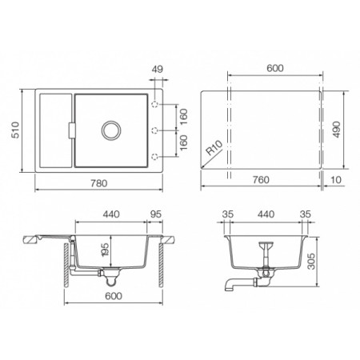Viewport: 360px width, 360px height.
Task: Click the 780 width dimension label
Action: [99, 183]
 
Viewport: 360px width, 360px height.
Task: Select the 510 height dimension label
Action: [15, 130]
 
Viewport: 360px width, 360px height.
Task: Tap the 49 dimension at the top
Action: [157, 70]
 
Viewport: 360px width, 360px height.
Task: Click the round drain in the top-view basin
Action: [111, 130]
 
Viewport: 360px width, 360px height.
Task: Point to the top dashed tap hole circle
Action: [155, 104]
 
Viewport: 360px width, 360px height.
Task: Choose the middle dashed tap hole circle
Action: [155, 130]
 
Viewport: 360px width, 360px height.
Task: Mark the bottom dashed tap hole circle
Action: [155, 157]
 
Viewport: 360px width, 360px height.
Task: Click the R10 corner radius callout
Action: [214, 148]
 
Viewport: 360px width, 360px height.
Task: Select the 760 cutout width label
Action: [261, 180]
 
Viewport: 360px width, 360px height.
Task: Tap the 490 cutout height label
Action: [337, 130]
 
